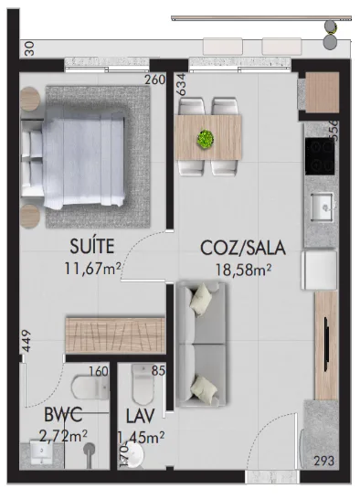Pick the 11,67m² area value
coord(93,268)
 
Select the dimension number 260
coord(154,80)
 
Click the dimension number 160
coord(99,372)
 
